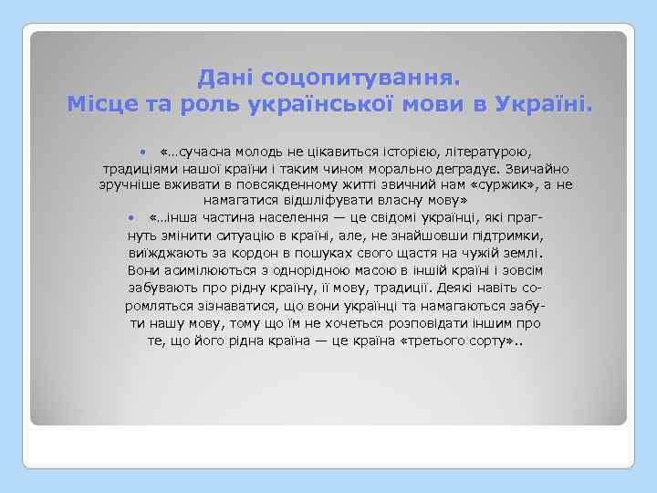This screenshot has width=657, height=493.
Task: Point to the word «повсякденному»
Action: pyautogui.click(x=273, y=184)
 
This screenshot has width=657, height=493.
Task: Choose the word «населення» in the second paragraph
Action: pyautogui.click(x=283, y=219)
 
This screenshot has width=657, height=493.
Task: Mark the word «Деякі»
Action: pyautogui.click(x=457, y=288)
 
